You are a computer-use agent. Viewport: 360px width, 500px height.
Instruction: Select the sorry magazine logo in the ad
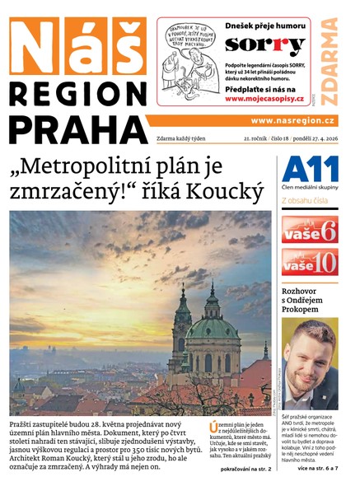[x=265, y=45]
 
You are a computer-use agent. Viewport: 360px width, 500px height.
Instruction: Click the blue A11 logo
[x=310, y=170]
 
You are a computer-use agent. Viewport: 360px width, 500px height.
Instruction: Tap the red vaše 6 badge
[x=310, y=229]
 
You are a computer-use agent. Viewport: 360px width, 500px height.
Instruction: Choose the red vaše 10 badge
[x=310, y=262]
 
